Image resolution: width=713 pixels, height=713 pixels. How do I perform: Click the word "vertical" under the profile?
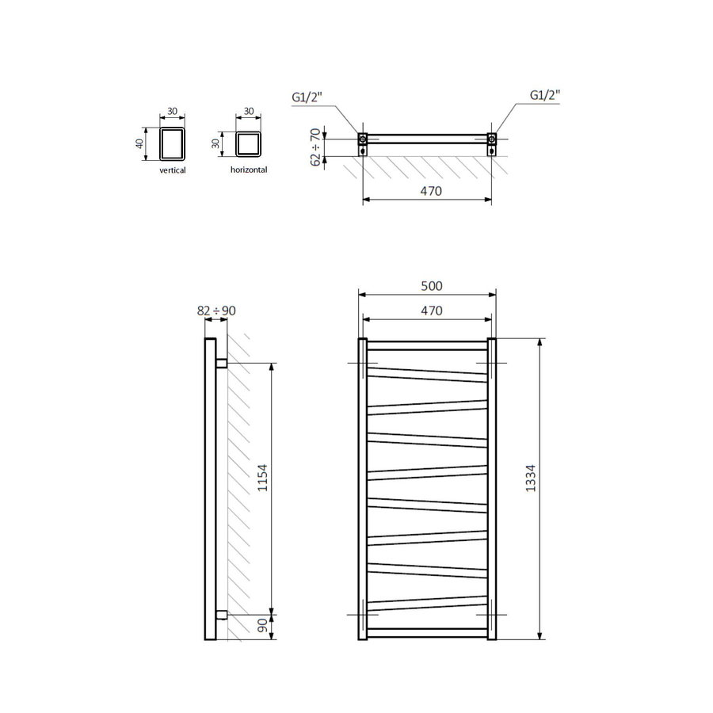click(x=172, y=170)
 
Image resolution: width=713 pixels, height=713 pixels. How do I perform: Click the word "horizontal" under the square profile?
click(x=248, y=170)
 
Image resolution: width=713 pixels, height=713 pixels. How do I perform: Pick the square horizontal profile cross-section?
click(x=248, y=143)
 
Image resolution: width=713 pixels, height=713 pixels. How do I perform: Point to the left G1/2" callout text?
click(x=308, y=97)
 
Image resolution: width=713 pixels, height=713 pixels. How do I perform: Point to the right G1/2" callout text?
click(x=544, y=95)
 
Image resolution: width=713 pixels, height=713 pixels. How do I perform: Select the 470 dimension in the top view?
click(x=429, y=191)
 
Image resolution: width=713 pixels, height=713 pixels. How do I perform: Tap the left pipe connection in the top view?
click(x=363, y=142)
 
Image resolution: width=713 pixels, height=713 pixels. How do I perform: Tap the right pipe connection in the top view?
click(x=492, y=142)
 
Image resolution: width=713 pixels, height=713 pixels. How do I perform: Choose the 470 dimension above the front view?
click(x=429, y=311)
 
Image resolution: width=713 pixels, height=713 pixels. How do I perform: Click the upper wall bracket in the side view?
click(x=221, y=363)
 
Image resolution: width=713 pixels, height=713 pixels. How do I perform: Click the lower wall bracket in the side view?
click(x=221, y=614)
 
